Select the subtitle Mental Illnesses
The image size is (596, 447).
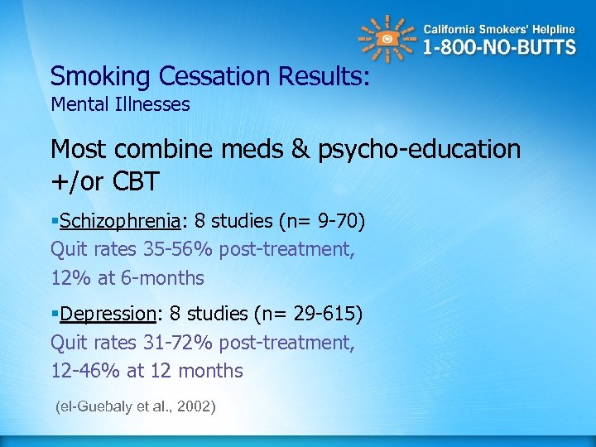[x=120, y=104]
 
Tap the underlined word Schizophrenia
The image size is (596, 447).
[x=120, y=221]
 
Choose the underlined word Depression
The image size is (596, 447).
[x=108, y=314]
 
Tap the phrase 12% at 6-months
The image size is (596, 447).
[x=127, y=277]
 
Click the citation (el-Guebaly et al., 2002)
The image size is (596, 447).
[x=134, y=407]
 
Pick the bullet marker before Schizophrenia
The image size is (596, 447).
[x=55, y=222]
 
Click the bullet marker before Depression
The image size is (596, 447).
[x=55, y=315]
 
